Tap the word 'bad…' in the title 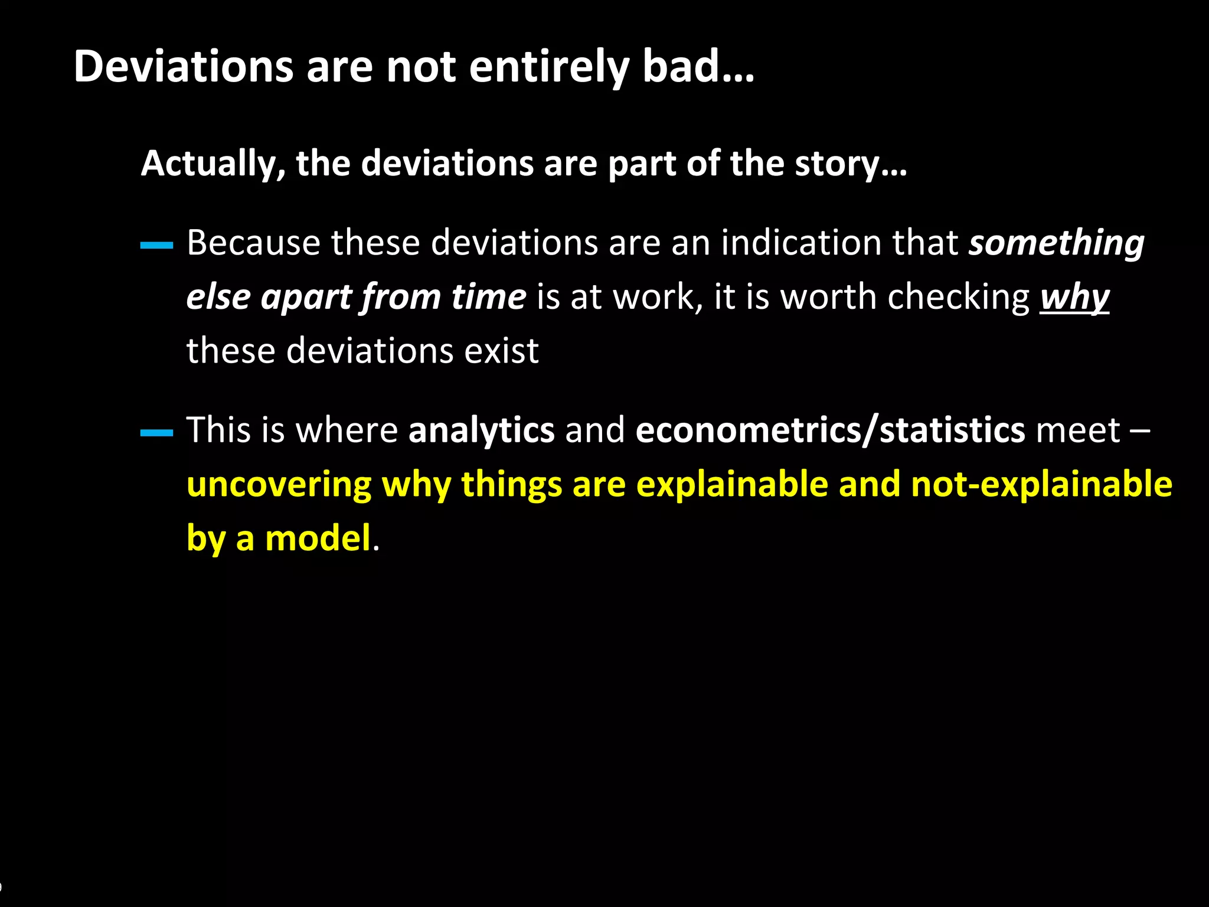point(698,67)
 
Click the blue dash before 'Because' point(156,245)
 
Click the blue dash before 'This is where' point(156,433)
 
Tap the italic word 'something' point(1056,243)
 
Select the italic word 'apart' point(306,296)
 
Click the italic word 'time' point(488,296)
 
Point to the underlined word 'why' point(1074,296)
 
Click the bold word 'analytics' point(481,430)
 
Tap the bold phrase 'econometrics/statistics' point(830,430)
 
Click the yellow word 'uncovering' point(279,484)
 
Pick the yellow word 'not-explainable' point(1041,484)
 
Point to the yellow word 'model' point(318,538)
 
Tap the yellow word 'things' point(511,484)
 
